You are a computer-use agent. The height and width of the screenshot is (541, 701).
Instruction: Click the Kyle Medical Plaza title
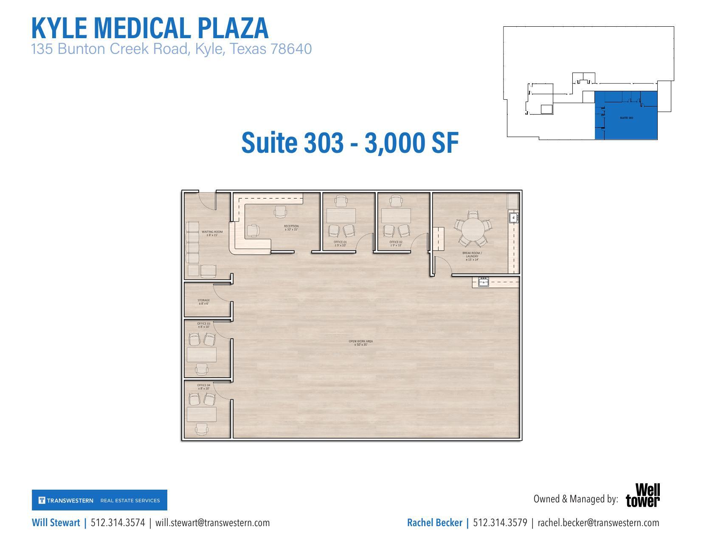pyautogui.click(x=150, y=28)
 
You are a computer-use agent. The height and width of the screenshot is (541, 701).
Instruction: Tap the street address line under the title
pyautogui.click(x=171, y=49)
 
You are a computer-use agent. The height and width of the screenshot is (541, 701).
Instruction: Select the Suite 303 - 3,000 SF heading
pyautogui.click(x=349, y=143)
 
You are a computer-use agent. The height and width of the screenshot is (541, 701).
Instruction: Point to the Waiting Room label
pyautogui.click(x=212, y=233)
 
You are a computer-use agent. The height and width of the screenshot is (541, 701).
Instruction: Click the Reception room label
pyautogui.click(x=291, y=228)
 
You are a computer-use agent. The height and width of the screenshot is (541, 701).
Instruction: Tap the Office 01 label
pyautogui.click(x=340, y=244)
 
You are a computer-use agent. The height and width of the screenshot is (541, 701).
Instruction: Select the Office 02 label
pyautogui.click(x=396, y=244)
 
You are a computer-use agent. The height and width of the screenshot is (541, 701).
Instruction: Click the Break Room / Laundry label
pyautogui.click(x=472, y=256)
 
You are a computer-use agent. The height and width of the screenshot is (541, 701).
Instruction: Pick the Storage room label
pyautogui.click(x=203, y=302)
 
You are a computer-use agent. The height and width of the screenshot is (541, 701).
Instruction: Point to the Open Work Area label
pyautogui.click(x=360, y=343)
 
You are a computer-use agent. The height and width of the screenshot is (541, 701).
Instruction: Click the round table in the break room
pyautogui.click(x=472, y=229)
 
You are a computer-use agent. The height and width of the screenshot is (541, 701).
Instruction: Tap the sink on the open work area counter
pyautogui.click(x=483, y=282)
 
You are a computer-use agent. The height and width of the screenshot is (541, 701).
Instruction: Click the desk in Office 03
pyautogui.click(x=202, y=354)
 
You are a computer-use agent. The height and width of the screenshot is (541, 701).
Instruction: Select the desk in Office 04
pyautogui.click(x=202, y=414)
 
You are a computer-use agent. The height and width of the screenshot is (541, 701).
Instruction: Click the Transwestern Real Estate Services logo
pyautogui.click(x=99, y=500)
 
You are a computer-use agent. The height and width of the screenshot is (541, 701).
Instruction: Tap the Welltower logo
pyautogui.click(x=643, y=495)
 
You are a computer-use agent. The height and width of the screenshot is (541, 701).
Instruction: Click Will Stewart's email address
pyautogui.click(x=212, y=523)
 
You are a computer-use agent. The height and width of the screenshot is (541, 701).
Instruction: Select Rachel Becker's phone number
pyautogui.click(x=500, y=523)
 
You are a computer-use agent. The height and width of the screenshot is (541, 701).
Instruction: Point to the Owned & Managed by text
pyautogui.click(x=575, y=499)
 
